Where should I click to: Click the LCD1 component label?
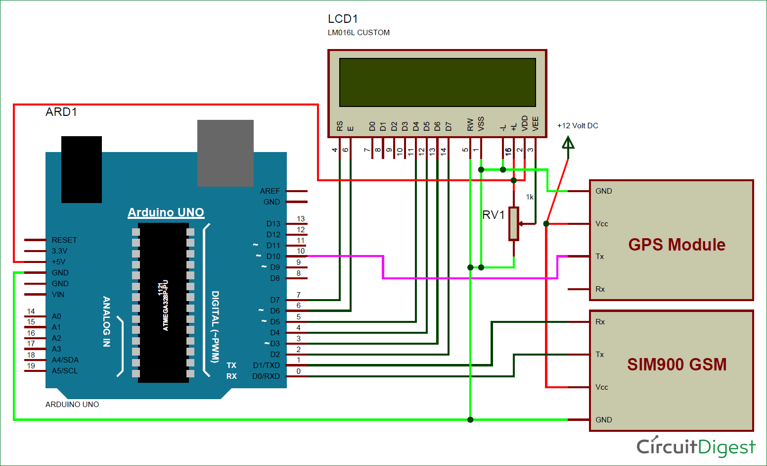343,19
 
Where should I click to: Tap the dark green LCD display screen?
437,82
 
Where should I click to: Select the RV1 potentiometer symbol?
514,224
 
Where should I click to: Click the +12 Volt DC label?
578,126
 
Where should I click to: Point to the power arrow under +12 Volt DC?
568,144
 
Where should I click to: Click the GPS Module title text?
677,245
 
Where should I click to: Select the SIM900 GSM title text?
677,364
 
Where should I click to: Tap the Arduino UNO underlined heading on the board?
166,212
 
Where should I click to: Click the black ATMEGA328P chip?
163,303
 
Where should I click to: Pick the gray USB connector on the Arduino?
226,153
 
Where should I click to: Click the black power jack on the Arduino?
82,169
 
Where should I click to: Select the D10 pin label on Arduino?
273,257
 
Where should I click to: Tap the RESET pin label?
64,240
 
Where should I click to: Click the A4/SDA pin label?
65,360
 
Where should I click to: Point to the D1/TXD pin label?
266,365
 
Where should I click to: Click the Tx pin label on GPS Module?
600,257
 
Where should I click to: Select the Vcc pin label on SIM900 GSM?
602,387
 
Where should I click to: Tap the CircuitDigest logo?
696,447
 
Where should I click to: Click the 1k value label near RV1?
530,197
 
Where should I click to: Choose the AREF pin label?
270,191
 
